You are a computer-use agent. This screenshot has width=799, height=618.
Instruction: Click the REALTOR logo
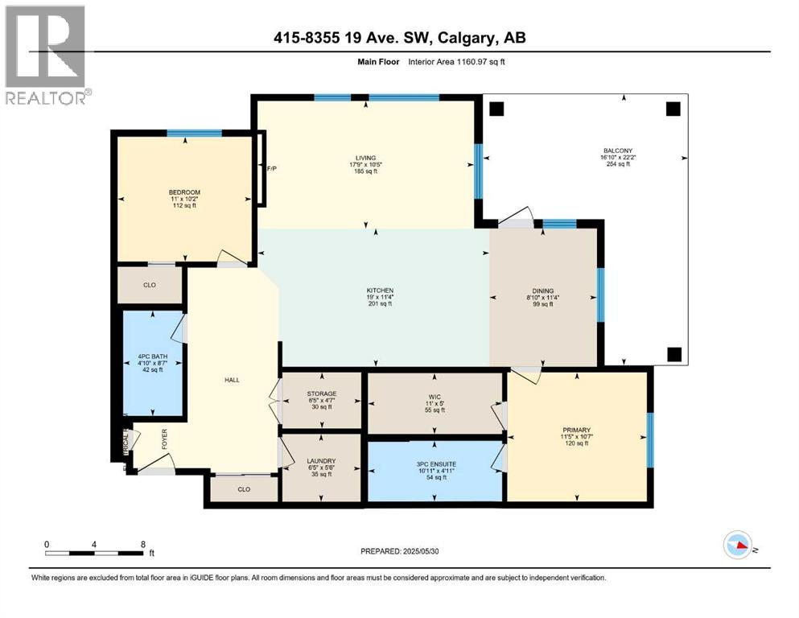pos(45,55)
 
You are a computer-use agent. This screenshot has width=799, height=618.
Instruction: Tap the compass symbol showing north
pos(739,546)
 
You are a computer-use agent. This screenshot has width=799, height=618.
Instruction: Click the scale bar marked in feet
pos(97,552)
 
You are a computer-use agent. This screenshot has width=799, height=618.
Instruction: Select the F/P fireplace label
pos(271,169)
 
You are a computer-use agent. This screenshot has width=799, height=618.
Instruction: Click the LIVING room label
pos(366,158)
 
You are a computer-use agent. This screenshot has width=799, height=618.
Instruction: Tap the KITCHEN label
pos(378,290)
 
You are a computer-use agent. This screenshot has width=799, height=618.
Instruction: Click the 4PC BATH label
pos(150,356)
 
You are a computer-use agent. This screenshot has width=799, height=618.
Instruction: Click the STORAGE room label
pos(321,393)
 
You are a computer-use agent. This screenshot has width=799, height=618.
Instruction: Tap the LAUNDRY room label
pos(320,461)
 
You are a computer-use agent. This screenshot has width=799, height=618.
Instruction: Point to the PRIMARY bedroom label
pos(576,431)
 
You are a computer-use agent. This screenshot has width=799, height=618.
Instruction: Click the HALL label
pos(232,380)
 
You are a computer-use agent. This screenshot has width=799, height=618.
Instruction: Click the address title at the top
pos(399,37)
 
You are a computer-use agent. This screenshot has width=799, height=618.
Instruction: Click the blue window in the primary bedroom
pos(650,439)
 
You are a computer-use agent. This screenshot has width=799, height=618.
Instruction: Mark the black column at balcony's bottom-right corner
pos(674,353)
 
